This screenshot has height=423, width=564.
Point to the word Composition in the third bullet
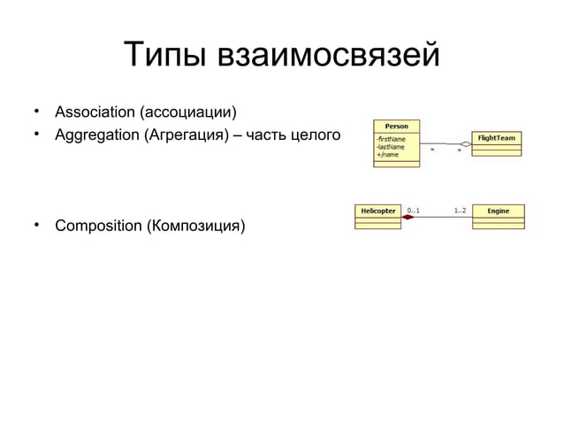95,226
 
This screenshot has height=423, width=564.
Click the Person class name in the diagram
396,126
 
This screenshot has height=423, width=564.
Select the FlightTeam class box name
497,138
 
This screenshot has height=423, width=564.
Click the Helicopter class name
378,211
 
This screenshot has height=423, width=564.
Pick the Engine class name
499,211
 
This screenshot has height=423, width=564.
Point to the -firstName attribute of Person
389,139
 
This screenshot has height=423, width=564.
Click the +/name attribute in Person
386,155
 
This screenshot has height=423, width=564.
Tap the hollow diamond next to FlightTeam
465,142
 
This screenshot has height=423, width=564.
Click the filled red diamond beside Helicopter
408,218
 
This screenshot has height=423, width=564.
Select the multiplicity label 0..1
414,211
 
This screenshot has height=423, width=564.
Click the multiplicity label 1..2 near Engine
460,211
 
